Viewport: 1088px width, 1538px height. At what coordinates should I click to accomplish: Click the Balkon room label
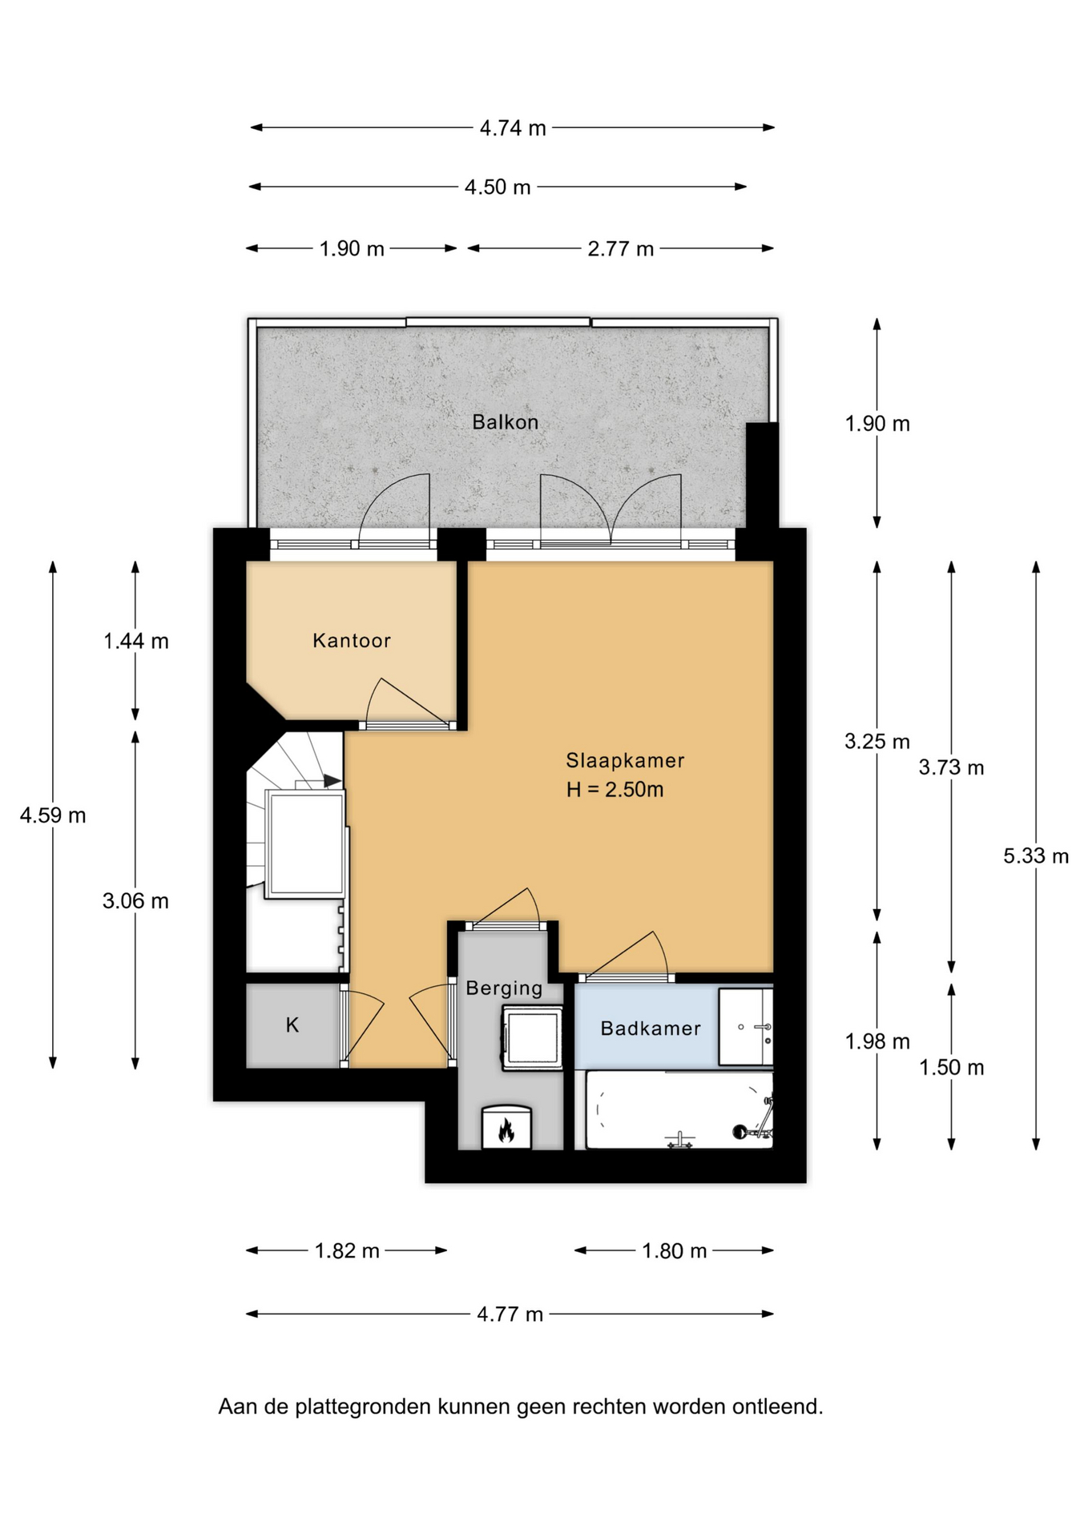pos(505,422)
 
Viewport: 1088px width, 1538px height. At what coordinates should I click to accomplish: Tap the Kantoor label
pos(352,641)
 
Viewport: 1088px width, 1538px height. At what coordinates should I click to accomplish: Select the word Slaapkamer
pos(625,761)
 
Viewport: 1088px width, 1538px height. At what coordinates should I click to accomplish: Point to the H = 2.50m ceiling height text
pos(615,790)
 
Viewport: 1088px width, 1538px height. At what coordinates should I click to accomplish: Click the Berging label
pos(504,988)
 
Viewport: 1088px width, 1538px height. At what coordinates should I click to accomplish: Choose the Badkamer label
pos(651,1029)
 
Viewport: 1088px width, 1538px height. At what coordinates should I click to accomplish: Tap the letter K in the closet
pos(292,1025)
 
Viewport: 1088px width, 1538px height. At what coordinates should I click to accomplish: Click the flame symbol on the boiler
pos(506,1130)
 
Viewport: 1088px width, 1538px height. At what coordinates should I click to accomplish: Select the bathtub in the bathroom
pos(679,1110)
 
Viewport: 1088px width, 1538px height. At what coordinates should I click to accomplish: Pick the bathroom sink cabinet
pos(746,1027)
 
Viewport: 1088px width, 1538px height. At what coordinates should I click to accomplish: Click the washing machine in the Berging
pos(532,1039)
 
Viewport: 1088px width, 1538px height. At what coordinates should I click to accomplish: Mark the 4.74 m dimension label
pos(513,128)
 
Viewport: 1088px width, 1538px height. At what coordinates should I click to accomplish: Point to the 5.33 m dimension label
pos(1036,856)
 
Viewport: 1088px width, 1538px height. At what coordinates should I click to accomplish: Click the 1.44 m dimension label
pos(136,641)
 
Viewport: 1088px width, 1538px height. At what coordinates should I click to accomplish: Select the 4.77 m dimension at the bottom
pos(510,1315)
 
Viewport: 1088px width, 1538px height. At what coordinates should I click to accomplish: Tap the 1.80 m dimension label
pos(675,1251)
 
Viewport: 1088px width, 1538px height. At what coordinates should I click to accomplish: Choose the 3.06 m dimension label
pos(135,901)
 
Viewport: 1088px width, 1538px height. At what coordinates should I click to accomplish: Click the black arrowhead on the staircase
pos(332,780)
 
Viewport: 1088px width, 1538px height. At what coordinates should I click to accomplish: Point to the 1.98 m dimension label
pos(877,1041)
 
